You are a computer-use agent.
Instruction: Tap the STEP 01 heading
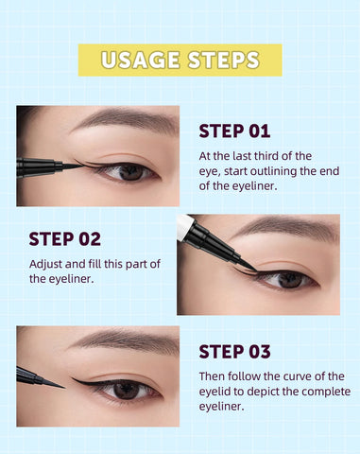(x=234, y=131)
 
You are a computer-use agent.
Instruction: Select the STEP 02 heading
(x=64, y=238)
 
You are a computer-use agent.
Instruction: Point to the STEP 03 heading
(x=234, y=352)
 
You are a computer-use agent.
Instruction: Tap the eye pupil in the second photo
(x=291, y=279)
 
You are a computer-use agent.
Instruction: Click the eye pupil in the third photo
(x=126, y=389)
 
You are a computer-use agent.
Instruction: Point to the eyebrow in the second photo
(x=283, y=229)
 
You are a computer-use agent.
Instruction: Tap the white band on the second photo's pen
(x=184, y=226)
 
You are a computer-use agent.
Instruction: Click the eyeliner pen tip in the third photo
(x=59, y=384)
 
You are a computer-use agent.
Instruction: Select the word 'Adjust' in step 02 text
(x=48, y=264)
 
